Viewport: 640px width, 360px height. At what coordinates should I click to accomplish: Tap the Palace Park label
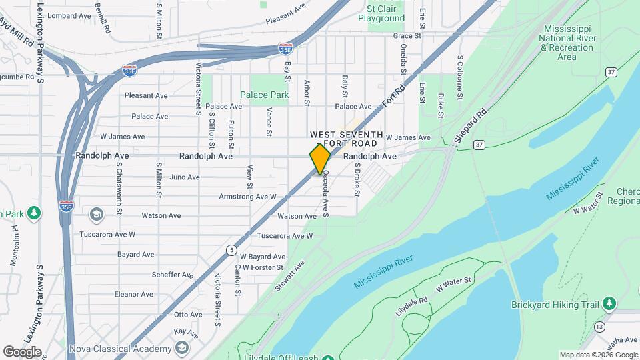265,95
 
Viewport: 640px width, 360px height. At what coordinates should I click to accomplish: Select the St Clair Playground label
381,14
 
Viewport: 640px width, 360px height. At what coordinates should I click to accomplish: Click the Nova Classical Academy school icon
181,348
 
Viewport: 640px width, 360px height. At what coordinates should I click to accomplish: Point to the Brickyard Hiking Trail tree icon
609,304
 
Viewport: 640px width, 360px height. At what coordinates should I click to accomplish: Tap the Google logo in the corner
21,352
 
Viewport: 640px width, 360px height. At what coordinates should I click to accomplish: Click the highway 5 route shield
231,249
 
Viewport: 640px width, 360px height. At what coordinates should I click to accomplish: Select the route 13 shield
600,326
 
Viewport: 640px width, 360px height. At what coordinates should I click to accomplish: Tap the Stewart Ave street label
289,275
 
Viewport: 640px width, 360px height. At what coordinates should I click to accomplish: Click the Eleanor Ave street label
133,294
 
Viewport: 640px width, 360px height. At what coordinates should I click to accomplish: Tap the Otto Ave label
187,314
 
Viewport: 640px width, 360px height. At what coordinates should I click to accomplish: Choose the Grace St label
408,35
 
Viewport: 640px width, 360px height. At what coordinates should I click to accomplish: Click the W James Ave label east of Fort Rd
407,137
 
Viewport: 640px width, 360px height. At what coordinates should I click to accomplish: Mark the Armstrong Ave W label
247,197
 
